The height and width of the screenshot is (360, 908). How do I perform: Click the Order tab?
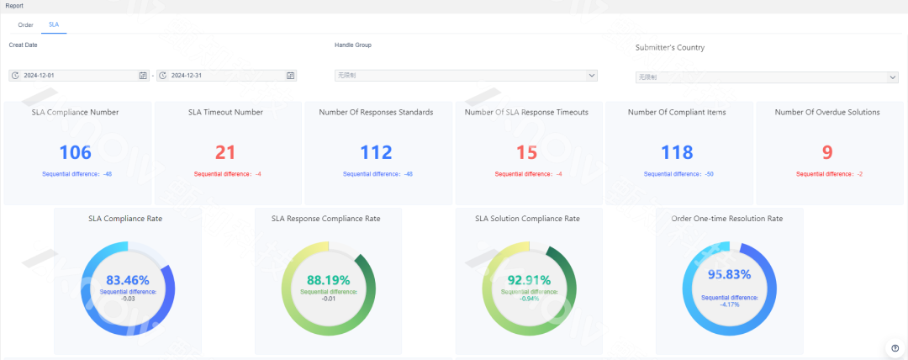pyautogui.click(x=25, y=24)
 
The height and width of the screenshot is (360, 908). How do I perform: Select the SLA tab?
pyautogui.click(x=54, y=24)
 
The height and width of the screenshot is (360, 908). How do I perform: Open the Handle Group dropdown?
pyautogui.click(x=466, y=76)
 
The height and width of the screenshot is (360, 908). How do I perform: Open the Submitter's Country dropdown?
pyautogui.click(x=766, y=77)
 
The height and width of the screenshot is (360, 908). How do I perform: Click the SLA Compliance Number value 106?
pyautogui.click(x=76, y=152)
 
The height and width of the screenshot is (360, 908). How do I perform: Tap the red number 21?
pyautogui.click(x=226, y=152)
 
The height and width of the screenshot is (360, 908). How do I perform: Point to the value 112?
pyautogui.click(x=376, y=152)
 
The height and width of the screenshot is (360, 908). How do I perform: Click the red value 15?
pyautogui.click(x=526, y=152)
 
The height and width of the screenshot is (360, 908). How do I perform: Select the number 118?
pyautogui.click(x=677, y=152)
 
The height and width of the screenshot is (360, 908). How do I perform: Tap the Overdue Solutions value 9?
pyautogui.click(x=827, y=152)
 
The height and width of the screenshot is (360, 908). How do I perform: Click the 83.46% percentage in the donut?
pyautogui.click(x=127, y=280)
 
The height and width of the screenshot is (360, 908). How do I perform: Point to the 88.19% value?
pyautogui.click(x=329, y=280)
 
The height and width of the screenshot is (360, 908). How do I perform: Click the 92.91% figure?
pyautogui.click(x=529, y=280)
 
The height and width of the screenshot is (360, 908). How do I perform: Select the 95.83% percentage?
pyautogui.click(x=729, y=274)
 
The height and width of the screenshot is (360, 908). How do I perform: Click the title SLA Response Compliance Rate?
pyautogui.click(x=325, y=219)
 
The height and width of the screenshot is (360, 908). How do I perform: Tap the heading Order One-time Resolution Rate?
pyautogui.click(x=727, y=219)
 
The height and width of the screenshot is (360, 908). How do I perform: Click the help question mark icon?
pyautogui.click(x=895, y=348)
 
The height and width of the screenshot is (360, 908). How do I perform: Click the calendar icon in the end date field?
pyautogui.click(x=291, y=76)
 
